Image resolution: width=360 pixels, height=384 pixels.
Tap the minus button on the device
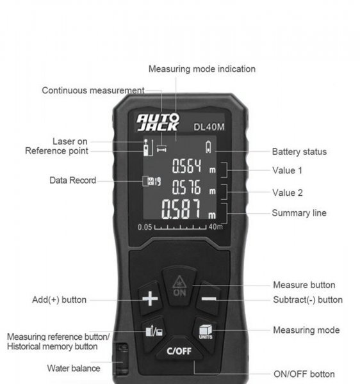pyautogui.click(x=209, y=299)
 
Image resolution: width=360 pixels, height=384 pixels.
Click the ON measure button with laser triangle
pyautogui.click(x=179, y=286)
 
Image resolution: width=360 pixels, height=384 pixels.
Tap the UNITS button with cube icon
pyautogui.click(x=206, y=332)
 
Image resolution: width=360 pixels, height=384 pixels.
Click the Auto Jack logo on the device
pyautogui.click(x=158, y=122)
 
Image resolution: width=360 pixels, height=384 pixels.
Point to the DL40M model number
pyautogui.click(x=209, y=127)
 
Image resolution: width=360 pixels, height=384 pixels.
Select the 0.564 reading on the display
pyautogui.click(x=187, y=166)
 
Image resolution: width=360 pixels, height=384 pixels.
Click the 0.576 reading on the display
pyautogui.click(x=186, y=187)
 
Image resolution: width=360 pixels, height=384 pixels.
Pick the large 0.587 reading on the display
pyautogui.click(x=181, y=209)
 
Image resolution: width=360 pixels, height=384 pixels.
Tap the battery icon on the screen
pyautogui.click(x=208, y=147)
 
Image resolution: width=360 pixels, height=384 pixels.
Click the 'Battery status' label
pyautogui.click(x=299, y=152)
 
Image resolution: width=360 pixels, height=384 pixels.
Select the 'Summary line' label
pyautogui.click(x=299, y=213)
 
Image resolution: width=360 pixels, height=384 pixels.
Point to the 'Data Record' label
pyautogui.click(x=72, y=180)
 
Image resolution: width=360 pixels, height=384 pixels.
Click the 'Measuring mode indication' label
pyautogui.click(x=202, y=69)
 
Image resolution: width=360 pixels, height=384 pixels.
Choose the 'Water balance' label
pyautogui.click(x=74, y=368)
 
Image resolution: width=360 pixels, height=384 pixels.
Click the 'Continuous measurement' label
pyautogui.click(x=93, y=90)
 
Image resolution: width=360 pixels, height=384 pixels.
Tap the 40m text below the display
pyautogui.click(x=216, y=227)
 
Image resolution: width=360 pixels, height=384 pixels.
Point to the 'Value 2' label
pyautogui.click(x=287, y=193)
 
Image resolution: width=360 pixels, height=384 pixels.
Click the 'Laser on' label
pyautogui.click(x=70, y=141)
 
